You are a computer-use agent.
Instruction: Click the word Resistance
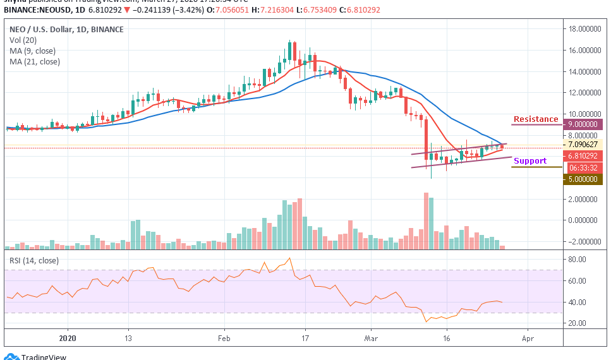coord(536,119)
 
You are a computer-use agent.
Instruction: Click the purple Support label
coord(530,161)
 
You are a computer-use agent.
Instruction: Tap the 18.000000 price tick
coord(584,28)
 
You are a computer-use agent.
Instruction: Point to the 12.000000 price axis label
coord(584,92)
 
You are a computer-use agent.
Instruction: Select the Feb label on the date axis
coord(224,338)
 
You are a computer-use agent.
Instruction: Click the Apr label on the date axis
coord(528,338)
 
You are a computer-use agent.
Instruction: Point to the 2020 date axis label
coord(67,338)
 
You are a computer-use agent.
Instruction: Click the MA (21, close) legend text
coord(35,61)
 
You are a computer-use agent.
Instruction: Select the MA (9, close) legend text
coord(33,51)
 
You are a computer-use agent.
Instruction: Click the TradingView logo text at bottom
coord(44,356)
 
